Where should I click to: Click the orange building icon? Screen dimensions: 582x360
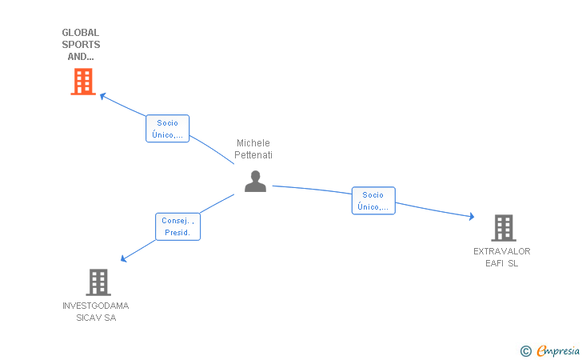[x=83, y=82]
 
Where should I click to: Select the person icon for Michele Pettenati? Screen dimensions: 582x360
[x=255, y=182]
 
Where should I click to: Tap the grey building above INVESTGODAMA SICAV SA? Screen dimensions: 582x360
[x=98, y=282]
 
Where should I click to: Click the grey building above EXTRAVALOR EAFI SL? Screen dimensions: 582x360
[x=504, y=228]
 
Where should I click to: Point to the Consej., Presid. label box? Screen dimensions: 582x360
[x=177, y=226]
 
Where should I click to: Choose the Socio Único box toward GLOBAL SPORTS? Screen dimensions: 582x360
[x=167, y=129]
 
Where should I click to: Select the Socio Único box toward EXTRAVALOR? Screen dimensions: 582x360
[x=373, y=201]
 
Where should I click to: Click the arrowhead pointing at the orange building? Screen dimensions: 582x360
[x=103, y=96]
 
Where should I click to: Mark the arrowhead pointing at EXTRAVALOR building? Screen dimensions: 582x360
[x=472, y=216]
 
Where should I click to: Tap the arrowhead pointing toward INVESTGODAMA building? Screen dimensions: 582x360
[x=124, y=258]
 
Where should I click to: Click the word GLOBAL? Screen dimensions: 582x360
[x=81, y=33]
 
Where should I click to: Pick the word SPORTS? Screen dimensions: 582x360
[x=81, y=45]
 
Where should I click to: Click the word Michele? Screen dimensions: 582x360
[x=253, y=143]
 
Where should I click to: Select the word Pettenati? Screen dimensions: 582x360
[x=253, y=155]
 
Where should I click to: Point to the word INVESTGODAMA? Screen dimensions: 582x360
[x=96, y=306]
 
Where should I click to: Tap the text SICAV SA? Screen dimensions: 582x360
[x=96, y=318]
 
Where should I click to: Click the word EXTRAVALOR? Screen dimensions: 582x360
[x=502, y=251]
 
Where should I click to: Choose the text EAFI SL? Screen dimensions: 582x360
[x=502, y=263]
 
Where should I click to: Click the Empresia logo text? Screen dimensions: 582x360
[x=558, y=350]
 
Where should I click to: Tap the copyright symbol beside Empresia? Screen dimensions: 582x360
[x=526, y=351]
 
